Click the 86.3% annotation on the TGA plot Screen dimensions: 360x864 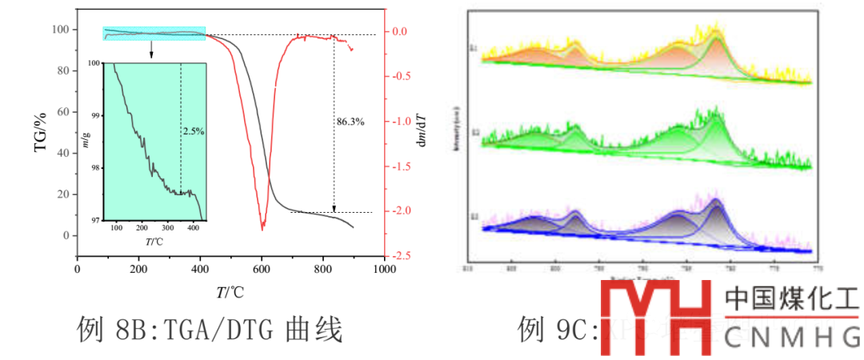pos(350,122)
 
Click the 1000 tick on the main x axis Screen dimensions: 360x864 pos(385,270)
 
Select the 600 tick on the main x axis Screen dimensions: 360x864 pos(262,270)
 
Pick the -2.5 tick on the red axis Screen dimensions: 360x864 pos(400,256)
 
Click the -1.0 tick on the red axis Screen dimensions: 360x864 pos(400,122)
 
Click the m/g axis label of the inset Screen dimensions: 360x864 pos(86,142)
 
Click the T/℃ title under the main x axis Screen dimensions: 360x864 pos(230,293)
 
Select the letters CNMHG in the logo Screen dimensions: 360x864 pos(791,339)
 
